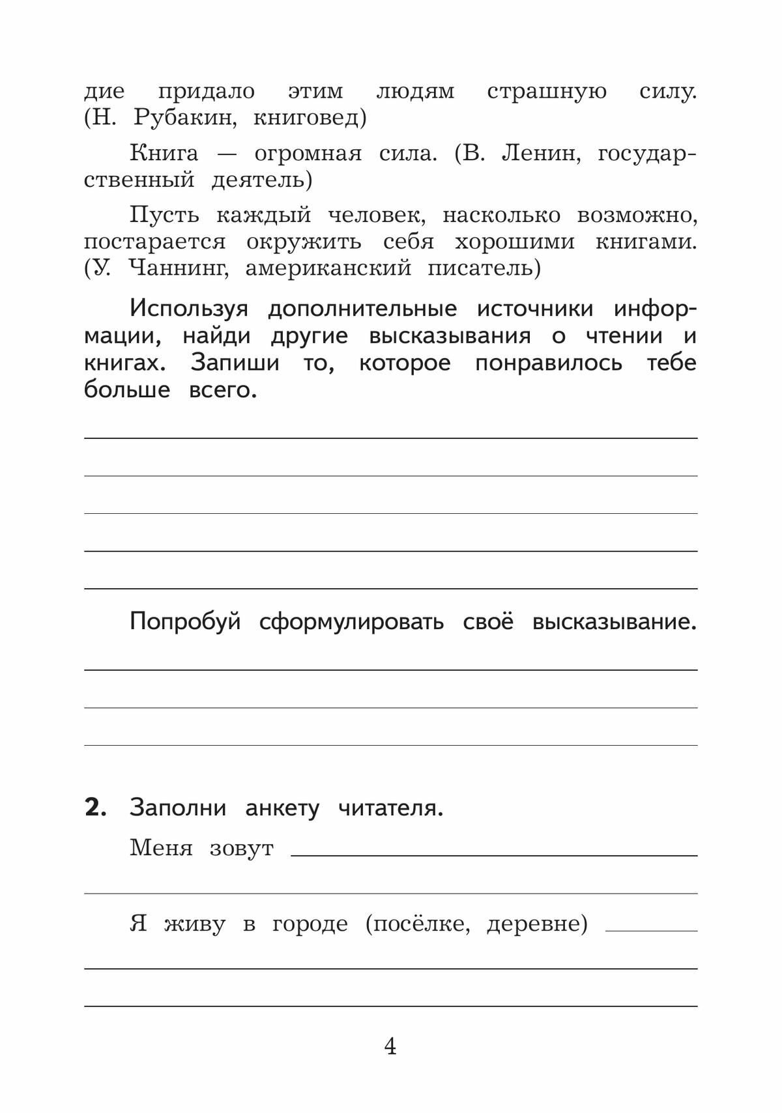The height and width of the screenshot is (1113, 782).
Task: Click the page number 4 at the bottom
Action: pyautogui.click(x=390, y=1047)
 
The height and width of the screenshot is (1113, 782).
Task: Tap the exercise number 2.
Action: pyautogui.click(x=95, y=808)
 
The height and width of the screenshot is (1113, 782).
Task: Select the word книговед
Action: pyautogui.click(x=306, y=119)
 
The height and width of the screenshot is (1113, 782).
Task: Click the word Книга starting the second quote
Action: pyautogui.click(x=164, y=154)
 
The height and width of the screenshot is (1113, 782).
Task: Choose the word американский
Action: pyautogui.click(x=328, y=268)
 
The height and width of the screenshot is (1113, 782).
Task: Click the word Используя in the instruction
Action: pyautogui.click(x=188, y=309)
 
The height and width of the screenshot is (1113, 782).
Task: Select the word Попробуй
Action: pyautogui.click(x=185, y=622)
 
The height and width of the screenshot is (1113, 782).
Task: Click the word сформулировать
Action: pyautogui.click(x=351, y=622)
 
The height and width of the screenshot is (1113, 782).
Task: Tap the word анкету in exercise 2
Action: pyautogui.click(x=282, y=808)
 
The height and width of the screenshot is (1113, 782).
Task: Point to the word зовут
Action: pyautogui.click(x=241, y=849)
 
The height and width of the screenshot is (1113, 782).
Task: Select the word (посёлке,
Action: pyautogui.click(x=418, y=924)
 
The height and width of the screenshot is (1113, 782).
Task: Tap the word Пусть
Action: pyautogui.click(x=164, y=215)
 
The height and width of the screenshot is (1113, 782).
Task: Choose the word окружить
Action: pyautogui.click(x=303, y=242)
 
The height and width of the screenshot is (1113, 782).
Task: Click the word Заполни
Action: pyautogui.click(x=178, y=808)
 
